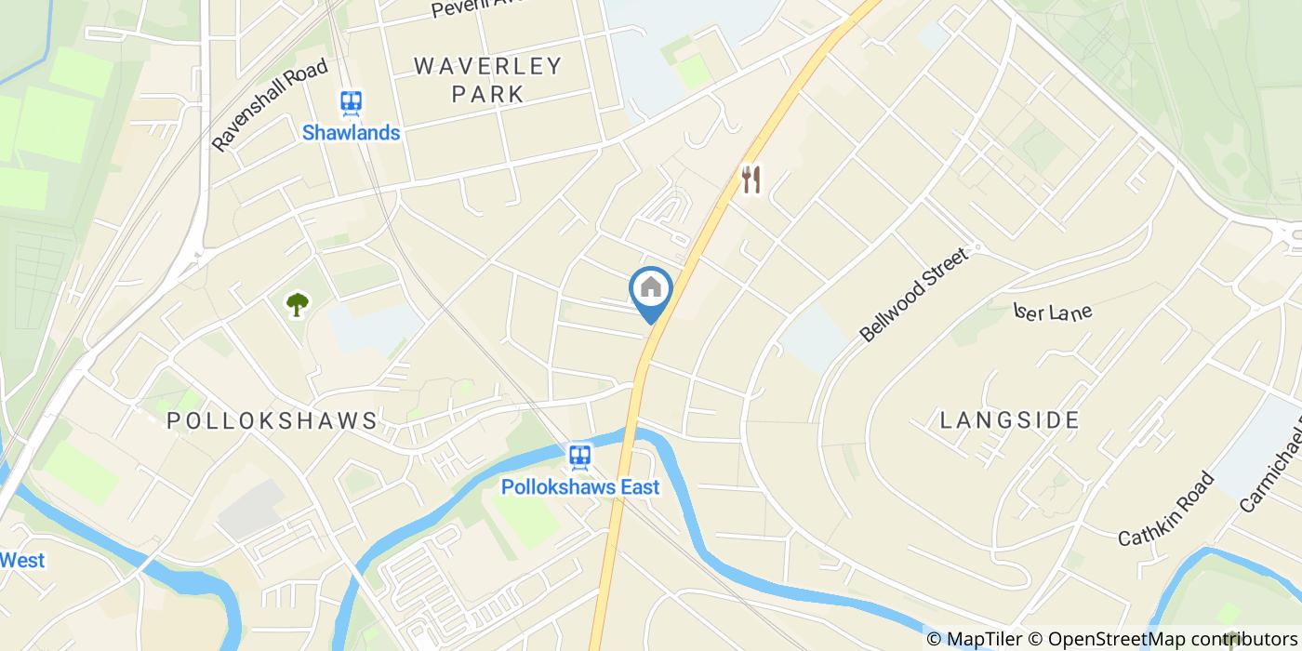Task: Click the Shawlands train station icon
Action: [x=351, y=102]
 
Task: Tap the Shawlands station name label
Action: [x=351, y=133]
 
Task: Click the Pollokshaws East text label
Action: [x=580, y=486]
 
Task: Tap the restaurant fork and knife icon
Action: [x=751, y=179]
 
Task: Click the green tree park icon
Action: [x=297, y=303]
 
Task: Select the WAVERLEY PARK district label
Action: [x=488, y=79]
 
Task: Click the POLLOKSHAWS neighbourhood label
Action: [x=272, y=420]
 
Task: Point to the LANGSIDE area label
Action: [x=1009, y=420]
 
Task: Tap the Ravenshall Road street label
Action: [x=270, y=105]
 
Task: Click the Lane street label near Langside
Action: [x=1054, y=312]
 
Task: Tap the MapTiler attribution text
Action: [x=984, y=639]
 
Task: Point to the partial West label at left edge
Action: [x=22, y=560]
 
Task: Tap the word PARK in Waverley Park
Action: [x=488, y=94]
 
